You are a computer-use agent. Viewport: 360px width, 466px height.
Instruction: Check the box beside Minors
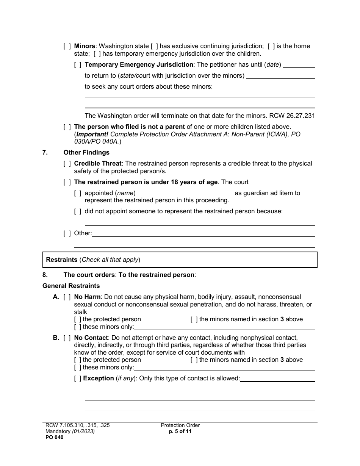pos(67,46)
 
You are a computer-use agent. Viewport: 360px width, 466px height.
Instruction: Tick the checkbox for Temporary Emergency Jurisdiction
pos(78,65)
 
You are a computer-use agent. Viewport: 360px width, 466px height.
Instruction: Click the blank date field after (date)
pos(299,65)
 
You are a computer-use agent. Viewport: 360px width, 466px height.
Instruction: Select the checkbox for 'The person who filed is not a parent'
pos(67,127)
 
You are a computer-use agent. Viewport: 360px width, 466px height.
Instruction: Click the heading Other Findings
pos(86,153)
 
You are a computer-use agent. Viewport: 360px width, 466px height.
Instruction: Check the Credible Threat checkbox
pos(67,164)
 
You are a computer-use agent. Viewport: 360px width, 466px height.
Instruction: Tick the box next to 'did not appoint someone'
pos(78,211)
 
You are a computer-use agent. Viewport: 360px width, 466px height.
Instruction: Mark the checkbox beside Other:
pos(67,233)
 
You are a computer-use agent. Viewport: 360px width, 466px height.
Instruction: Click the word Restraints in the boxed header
pos(62,260)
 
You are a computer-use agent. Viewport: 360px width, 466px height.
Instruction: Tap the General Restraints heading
pos(71,286)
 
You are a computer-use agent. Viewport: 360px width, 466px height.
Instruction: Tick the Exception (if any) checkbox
pos(78,378)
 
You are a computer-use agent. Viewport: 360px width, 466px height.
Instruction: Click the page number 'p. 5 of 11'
pos(180,431)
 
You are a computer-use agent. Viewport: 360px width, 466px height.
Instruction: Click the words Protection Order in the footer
pos(180,425)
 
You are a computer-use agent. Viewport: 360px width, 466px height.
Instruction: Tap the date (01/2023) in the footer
pos(84,431)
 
